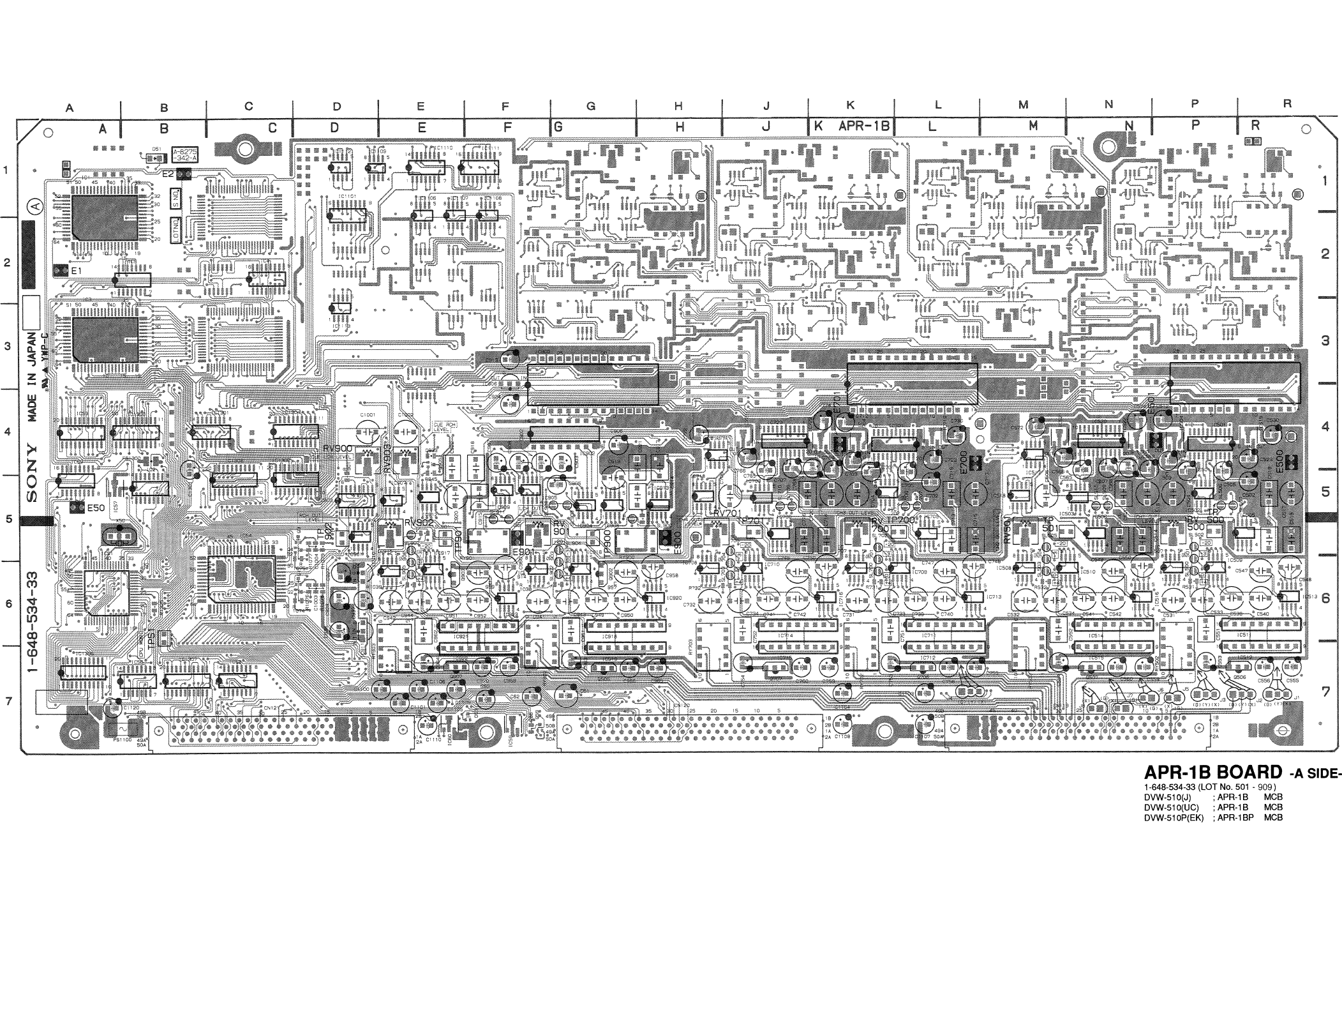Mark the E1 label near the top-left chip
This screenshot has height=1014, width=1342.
[x=77, y=271]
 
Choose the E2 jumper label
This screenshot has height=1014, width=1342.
[x=168, y=173]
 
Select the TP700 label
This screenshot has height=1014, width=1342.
[x=902, y=520]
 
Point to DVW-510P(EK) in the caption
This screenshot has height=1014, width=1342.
[x=1173, y=817]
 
